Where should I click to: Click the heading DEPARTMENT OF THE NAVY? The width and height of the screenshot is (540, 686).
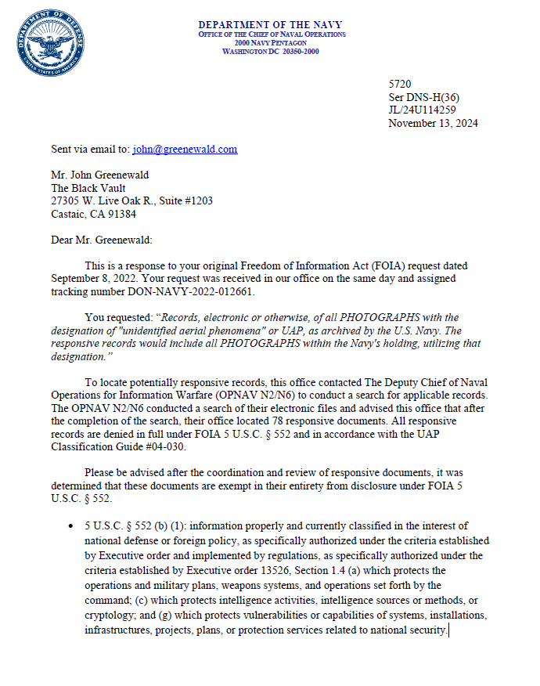click(271, 26)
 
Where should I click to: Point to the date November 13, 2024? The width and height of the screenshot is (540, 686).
click(433, 123)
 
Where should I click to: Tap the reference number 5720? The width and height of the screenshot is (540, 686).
click(400, 83)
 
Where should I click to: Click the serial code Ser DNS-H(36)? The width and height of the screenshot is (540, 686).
click(423, 96)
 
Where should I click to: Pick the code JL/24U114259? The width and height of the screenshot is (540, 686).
click(423, 110)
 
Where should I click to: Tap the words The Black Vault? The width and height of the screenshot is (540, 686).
click(89, 188)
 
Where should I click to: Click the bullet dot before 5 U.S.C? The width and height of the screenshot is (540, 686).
click(72, 526)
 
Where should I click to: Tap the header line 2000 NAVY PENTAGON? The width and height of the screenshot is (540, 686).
click(271, 42)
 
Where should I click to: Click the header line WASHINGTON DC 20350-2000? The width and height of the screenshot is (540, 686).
click(271, 50)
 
